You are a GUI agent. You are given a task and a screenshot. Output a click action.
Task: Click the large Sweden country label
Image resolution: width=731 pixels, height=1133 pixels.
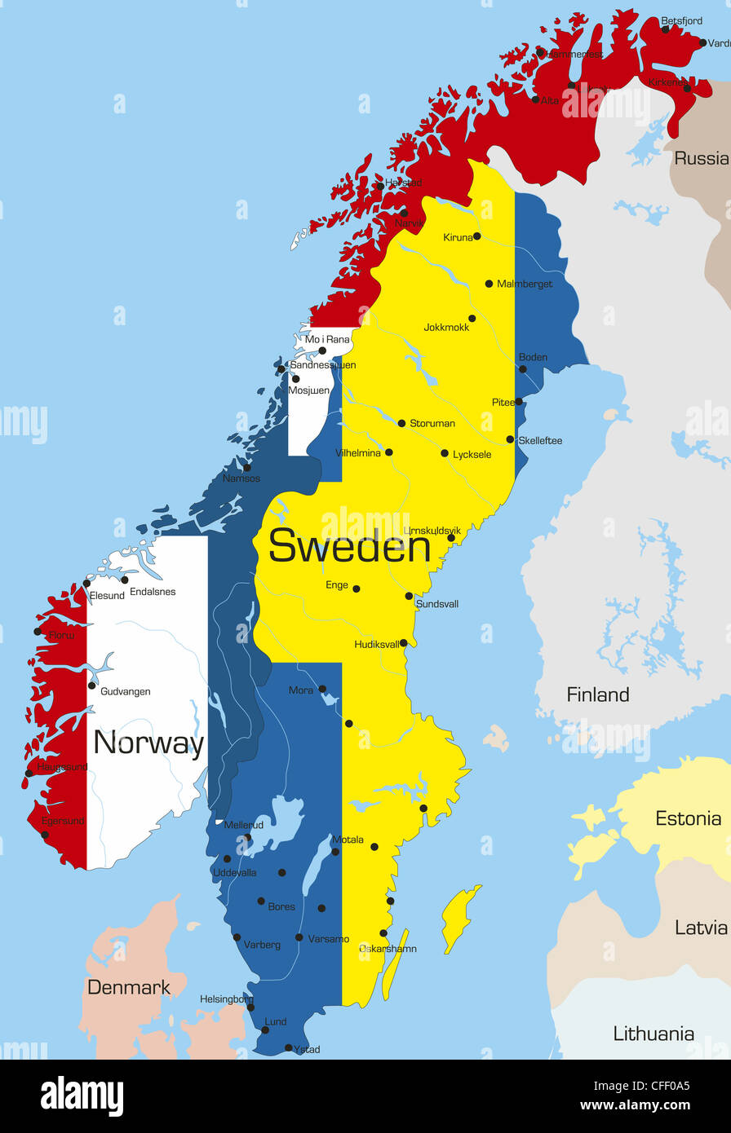[x=349, y=545]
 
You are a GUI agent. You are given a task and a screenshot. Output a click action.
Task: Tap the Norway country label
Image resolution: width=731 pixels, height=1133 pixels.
[x=148, y=743]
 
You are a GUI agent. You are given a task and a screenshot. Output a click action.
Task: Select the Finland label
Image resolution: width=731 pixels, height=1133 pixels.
[x=598, y=694]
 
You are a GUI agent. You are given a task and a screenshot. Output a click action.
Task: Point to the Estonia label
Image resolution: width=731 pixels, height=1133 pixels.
[x=689, y=818]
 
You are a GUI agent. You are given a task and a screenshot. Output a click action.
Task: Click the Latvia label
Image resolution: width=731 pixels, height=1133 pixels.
[x=701, y=927]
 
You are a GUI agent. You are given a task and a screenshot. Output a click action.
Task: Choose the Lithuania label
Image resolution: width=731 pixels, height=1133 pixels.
[x=653, y=1034]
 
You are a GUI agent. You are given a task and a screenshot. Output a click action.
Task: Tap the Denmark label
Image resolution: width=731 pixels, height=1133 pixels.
[x=129, y=987]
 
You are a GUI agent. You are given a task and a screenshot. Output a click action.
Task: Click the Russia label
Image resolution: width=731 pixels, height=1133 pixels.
[x=701, y=158]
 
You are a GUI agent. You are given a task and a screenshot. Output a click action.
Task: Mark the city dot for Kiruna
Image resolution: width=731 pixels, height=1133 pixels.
[x=477, y=236]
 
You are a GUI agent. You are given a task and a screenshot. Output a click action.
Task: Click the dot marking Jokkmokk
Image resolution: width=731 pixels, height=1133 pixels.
[x=472, y=319]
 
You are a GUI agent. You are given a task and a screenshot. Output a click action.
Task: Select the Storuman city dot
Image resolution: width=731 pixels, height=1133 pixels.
[x=401, y=423]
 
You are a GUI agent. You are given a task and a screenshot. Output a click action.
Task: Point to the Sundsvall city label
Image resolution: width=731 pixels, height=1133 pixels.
[x=437, y=604]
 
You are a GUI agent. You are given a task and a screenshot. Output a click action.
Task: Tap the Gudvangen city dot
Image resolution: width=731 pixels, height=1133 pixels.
[x=92, y=686]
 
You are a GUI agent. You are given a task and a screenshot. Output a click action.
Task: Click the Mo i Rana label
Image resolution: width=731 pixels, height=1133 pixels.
[x=327, y=339]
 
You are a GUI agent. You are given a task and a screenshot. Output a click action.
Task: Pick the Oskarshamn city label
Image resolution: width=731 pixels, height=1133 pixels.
[x=388, y=948]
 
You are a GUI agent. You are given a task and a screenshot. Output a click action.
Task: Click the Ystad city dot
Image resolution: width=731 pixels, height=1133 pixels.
[x=288, y=1048]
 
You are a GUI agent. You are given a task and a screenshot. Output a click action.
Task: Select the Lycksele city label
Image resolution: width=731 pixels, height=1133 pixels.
[x=472, y=454]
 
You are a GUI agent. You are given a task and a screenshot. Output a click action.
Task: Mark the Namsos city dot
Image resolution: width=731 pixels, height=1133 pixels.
[x=247, y=468]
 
